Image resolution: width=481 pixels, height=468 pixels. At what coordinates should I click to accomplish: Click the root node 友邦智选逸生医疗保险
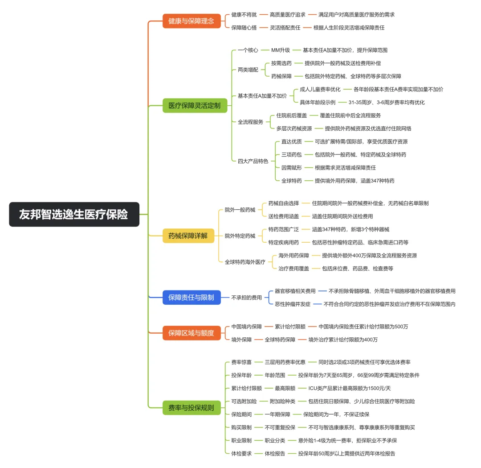coord(74,215)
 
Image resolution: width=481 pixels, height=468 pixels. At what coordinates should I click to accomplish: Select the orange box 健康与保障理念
coord(192,21)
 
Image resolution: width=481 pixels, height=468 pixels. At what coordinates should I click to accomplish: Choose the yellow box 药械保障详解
coord(188,236)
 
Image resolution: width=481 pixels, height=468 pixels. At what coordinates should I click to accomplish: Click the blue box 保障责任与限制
coord(192,297)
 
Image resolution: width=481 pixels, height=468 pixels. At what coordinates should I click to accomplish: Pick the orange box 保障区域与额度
coord(192,333)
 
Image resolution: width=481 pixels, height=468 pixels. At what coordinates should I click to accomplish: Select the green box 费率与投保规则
coord(192,407)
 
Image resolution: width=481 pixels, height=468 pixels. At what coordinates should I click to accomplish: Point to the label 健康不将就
coord(244,15)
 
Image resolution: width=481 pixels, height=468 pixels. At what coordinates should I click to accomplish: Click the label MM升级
coord(280,50)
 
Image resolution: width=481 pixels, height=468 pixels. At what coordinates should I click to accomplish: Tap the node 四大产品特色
coord(253,161)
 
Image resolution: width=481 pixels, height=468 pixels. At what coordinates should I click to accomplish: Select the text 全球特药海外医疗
coord(245,262)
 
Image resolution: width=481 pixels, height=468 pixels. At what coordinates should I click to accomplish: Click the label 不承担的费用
coord(246,298)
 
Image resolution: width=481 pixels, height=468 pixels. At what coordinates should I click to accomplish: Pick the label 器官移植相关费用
coord(295,291)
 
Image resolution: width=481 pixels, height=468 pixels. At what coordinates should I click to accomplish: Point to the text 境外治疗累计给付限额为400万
coord(343,340)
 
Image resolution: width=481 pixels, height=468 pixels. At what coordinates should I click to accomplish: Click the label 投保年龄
coord(241,375)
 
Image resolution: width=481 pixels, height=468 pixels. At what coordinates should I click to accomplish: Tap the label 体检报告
coord(275,453)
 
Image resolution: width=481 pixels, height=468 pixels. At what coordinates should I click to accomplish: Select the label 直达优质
coord(291,141)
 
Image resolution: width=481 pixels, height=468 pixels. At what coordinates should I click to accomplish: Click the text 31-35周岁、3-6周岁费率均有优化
coord(387,102)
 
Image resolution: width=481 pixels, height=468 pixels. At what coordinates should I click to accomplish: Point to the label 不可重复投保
coord(280,427)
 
